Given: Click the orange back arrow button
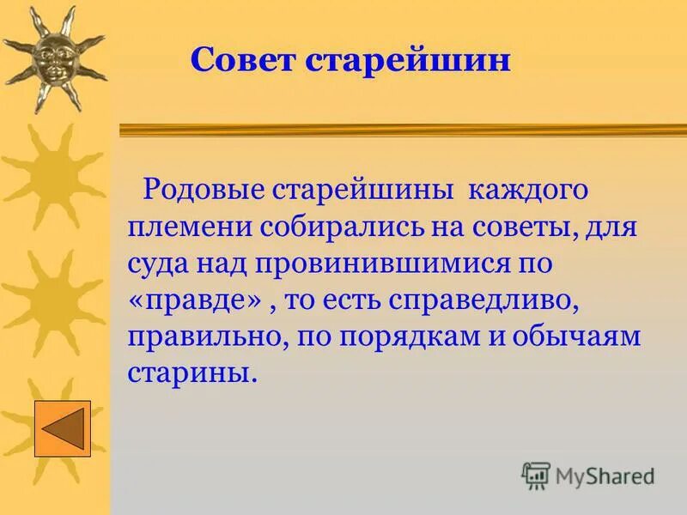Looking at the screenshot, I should [x=62, y=428].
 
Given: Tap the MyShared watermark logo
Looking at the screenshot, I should [x=589, y=475].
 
